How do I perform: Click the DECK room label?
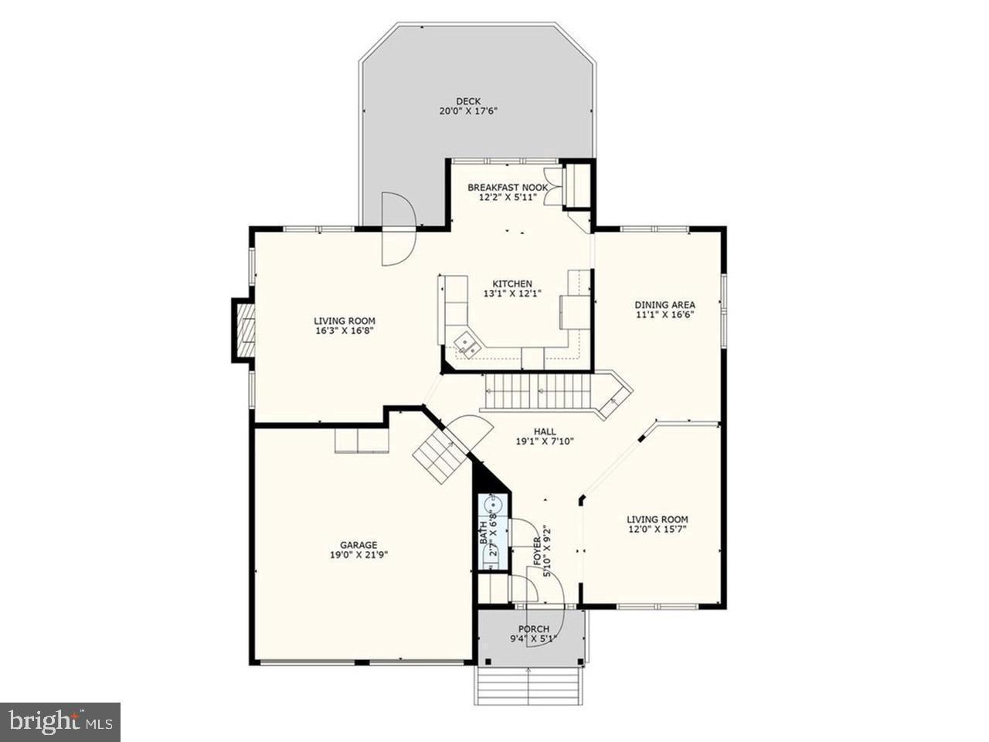click(x=467, y=100)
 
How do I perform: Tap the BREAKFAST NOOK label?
click(x=508, y=187)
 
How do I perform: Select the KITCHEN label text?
click(x=507, y=284)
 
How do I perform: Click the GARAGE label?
click(x=359, y=544)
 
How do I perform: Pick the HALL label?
click(x=545, y=431)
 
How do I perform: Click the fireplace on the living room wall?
click(x=244, y=331)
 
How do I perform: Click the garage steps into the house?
click(x=439, y=456)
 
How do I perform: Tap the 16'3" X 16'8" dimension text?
click(x=344, y=332)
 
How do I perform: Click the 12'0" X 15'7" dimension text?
click(x=657, y=529)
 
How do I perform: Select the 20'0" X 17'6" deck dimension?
click(x=467, y=111)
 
